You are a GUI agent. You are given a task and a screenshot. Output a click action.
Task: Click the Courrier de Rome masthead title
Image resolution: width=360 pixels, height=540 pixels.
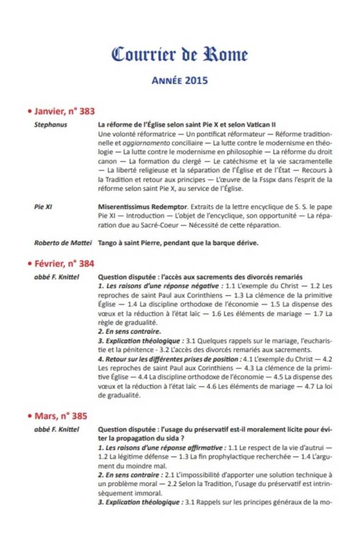(179, 55)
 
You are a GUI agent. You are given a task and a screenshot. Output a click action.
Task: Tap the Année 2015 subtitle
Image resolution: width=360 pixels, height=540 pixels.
(179, 81)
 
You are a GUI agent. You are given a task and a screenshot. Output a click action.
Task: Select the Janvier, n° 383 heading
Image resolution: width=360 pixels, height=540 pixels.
(64, 111)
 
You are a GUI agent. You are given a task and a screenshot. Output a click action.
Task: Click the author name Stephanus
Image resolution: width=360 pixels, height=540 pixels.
(49, 124)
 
